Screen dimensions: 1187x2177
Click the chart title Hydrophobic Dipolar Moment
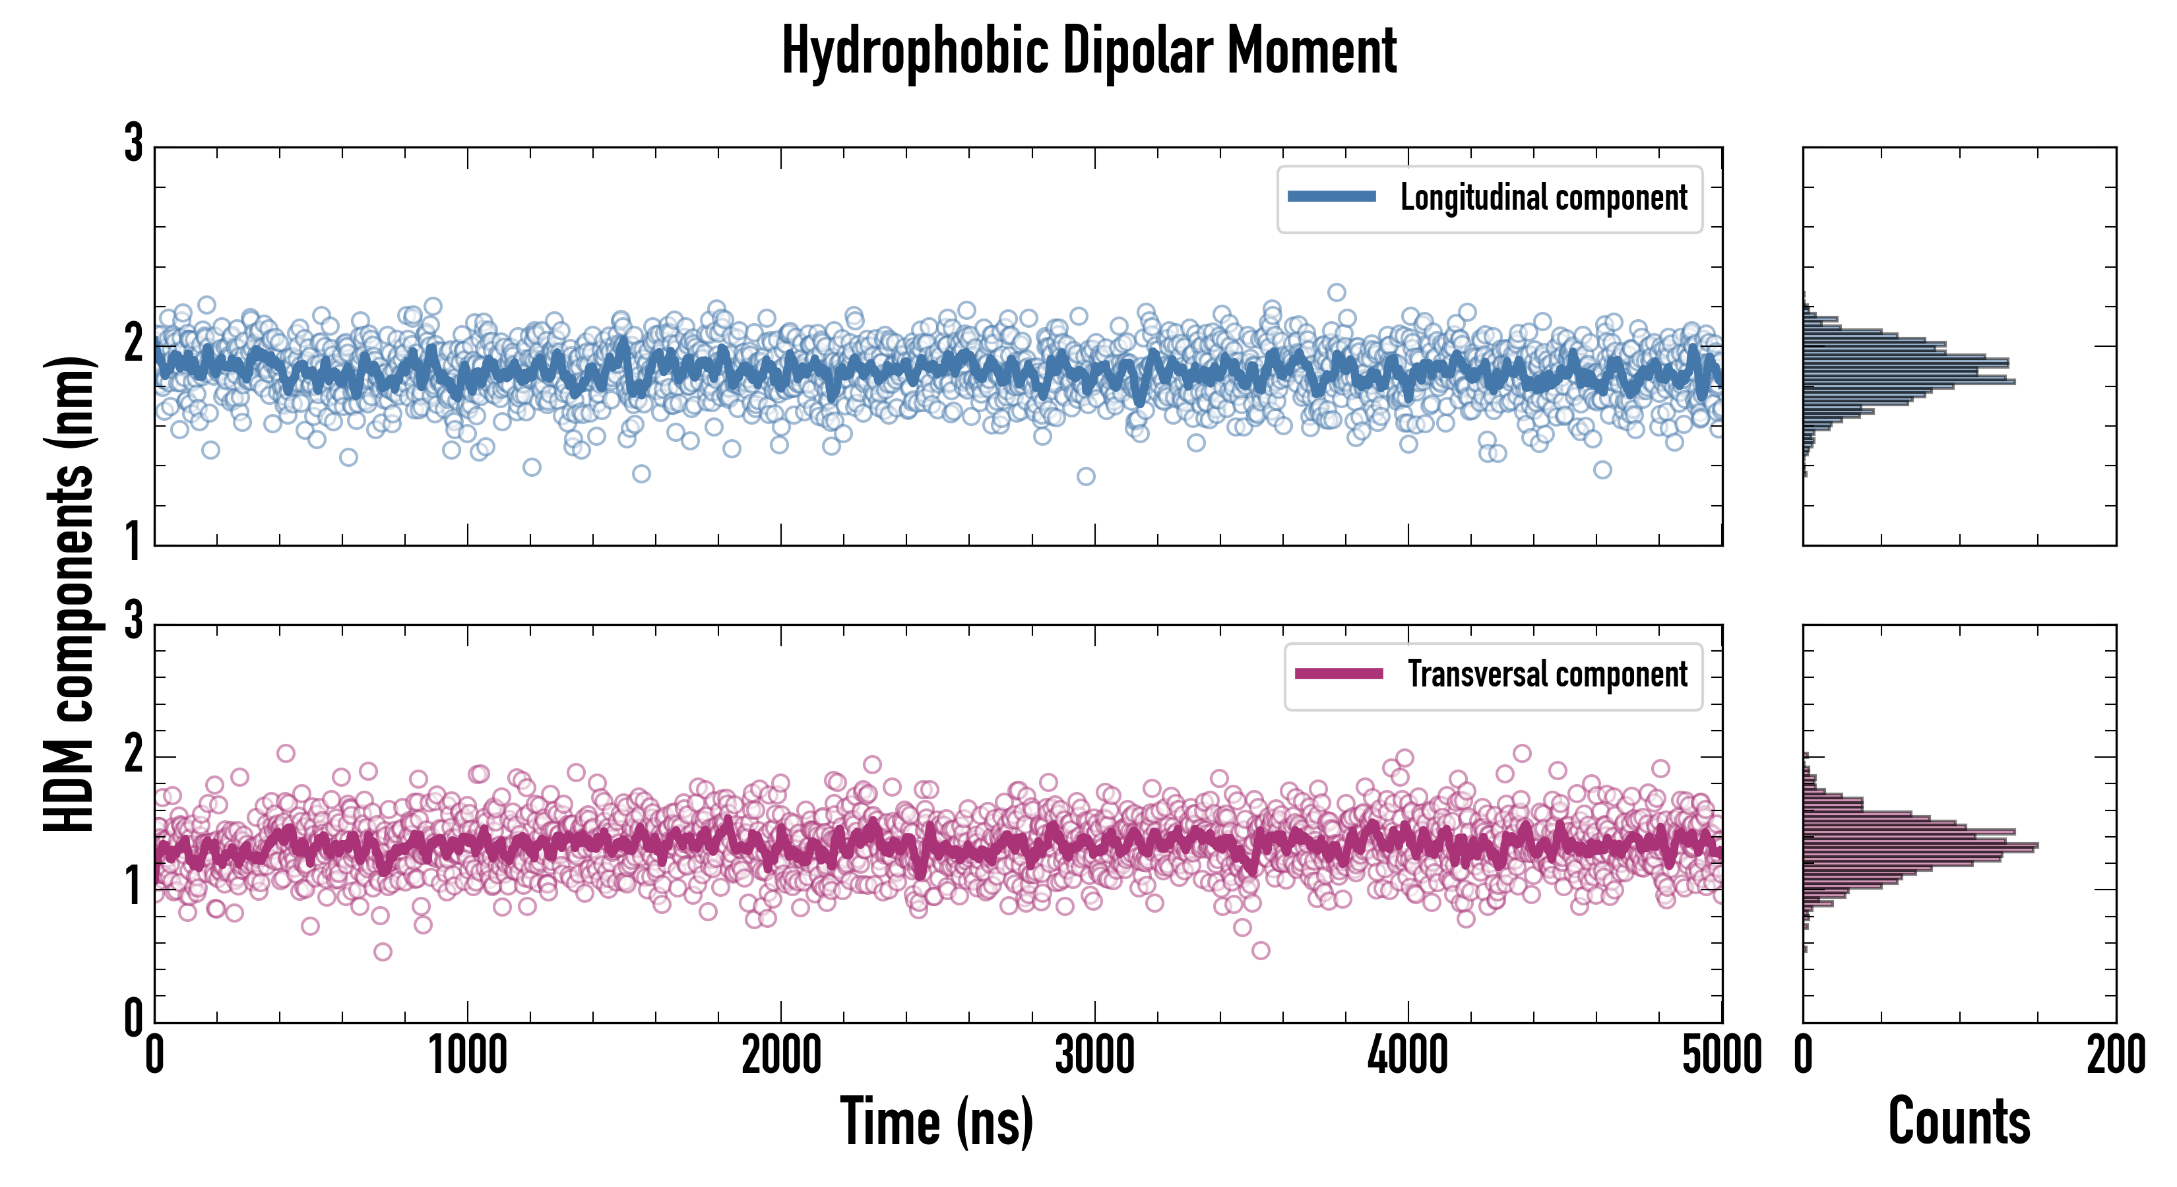tap(1088, 51)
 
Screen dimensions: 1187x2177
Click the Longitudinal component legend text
tap(1543, 198)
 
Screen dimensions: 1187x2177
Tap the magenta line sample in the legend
tap(1339, 674)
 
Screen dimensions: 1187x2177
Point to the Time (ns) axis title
tap(936, 1122)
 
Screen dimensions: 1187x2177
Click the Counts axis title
tap(1959, 1122)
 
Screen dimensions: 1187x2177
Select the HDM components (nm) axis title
tap(69, 594)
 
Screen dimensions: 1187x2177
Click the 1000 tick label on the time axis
tap(467, 1056)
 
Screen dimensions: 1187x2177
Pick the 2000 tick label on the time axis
tap(781, 1056)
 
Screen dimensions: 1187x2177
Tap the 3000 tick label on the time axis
tap(1094, 1056)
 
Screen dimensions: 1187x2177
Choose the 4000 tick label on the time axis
tap(1408, 1056)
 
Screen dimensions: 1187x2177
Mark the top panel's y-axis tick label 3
tap(133, 144)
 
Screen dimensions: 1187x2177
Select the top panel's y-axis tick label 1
tap(133, 541)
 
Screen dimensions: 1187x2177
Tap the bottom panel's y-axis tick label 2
tap(133, 754)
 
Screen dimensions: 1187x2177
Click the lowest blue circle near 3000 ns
tap(1086, 477)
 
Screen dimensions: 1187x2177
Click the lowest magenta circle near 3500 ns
tap(1261, 950)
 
